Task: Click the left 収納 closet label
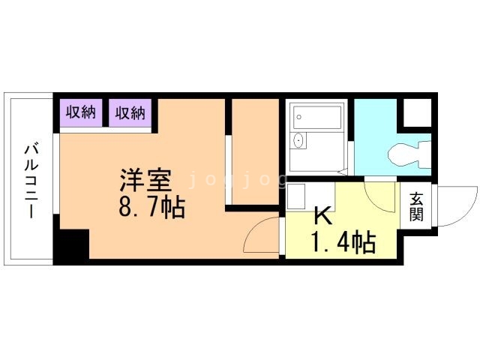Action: coord(81,112)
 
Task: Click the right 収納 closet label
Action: coord(130,112)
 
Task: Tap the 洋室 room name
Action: coord(145,181)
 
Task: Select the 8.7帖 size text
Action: coord(152,208)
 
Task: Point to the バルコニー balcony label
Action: coord(31,181)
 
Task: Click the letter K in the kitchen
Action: coord(323,216)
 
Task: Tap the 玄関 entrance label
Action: coord(417,206)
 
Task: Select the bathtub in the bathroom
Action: coord(317,117)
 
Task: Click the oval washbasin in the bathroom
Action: coord(298,140)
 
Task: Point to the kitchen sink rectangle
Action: coord(296,196)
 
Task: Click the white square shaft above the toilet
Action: coord(418,112)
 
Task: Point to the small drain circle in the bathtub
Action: coord(298,117)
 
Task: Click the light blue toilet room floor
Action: coord(376,138)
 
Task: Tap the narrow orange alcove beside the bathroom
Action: coord(255,151)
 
